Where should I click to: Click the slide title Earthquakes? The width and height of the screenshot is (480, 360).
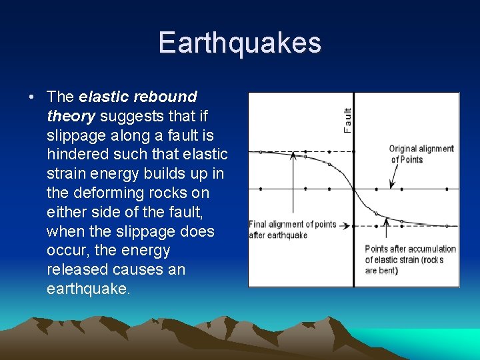pos(240,43)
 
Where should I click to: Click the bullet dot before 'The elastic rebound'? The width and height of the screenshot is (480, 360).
pos(32,97)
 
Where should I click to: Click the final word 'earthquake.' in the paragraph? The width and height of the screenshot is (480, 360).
pos(89,289)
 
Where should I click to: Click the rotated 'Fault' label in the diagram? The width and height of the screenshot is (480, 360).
pos(347,120)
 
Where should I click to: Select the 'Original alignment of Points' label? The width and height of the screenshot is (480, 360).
pos(421,154)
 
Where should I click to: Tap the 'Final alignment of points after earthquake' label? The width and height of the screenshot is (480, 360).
pos(292,229)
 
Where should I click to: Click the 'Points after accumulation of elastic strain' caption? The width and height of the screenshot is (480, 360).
pos(410,259)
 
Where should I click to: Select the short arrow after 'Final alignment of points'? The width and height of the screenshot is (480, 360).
pos(344,225)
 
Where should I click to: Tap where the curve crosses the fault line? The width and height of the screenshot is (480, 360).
pos(353,189)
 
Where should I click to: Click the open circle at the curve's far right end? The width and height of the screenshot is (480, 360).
pos(447,226)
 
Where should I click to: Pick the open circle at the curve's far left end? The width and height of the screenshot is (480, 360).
pos(261,151)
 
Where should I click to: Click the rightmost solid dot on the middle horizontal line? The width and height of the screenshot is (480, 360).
pos(447,189)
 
